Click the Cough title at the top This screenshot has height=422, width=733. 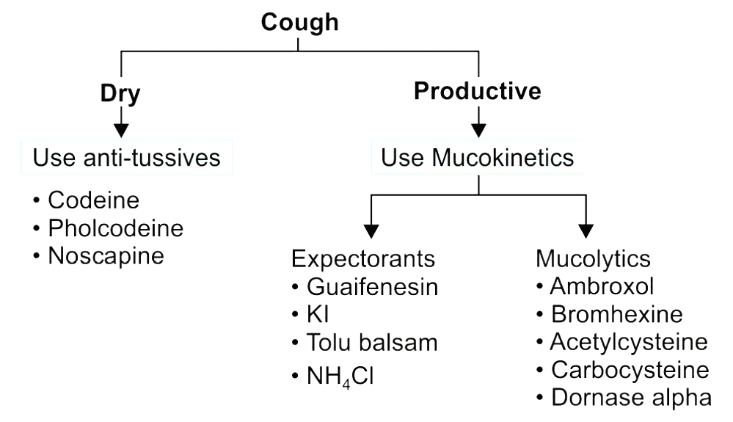pyautogui.click(x=300, y=23)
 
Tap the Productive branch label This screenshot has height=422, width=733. pyautogui.click(x=478, y=91)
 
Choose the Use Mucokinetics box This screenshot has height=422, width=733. pyautogui.click(x=478, y=156)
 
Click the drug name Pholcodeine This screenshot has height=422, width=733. pyautogui.click(x=115, y=228)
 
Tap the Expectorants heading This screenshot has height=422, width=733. pyautogui.click(x=363, y=259)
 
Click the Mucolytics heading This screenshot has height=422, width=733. pyautogui.click(x=593, y=259)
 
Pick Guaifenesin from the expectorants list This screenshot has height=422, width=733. pyautogui.click(x=373, y=287)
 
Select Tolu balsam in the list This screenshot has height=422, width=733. pyautogui.click(x=372, y=343)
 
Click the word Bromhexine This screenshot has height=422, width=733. pyautogui.click(x=616, y=315)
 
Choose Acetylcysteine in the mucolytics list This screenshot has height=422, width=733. pyautogui.click(x=629, y=343)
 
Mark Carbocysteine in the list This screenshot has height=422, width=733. pyautogui.click(x=630, y=370)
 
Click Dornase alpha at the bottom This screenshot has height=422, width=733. pyautogui.click(x=630, y=398)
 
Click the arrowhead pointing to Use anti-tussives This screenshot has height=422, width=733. pyautogui.click(x=121, y=128)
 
